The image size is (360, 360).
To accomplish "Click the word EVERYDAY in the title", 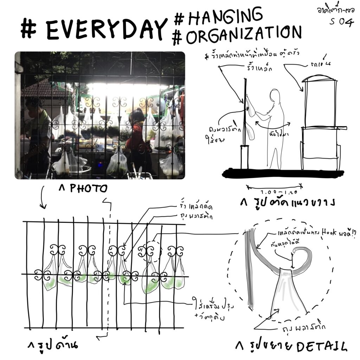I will tap(105, 30).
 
